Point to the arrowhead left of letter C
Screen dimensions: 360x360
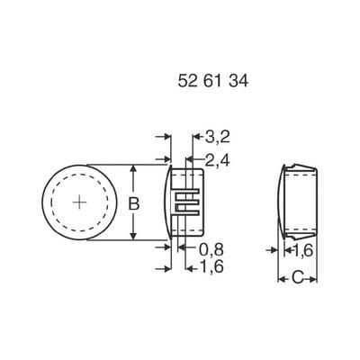279,280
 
